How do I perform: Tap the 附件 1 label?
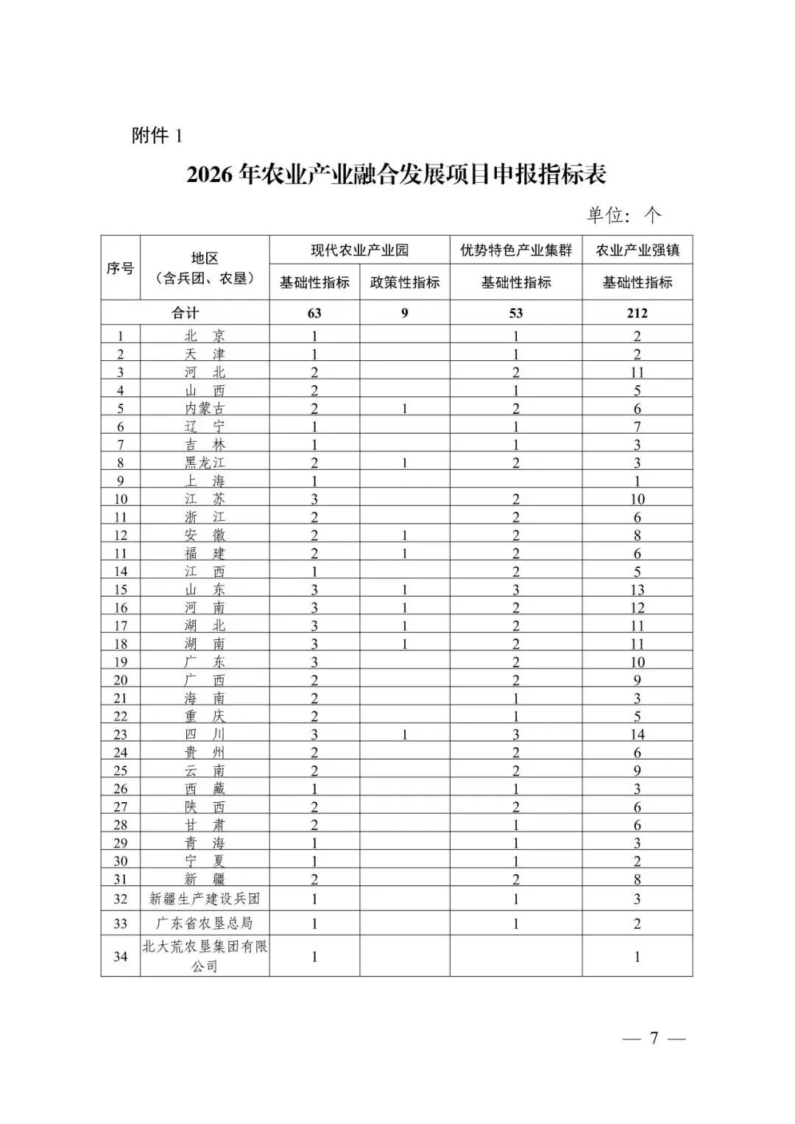156,136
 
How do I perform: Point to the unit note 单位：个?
623,214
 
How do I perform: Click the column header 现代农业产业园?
359,250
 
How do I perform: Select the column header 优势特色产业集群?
516,250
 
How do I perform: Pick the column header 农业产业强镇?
637,250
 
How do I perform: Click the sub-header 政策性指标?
404,282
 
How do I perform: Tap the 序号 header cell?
120,268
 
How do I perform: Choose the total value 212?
637,313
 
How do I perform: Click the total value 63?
314,313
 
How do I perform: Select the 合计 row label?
185,313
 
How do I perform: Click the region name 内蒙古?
205,409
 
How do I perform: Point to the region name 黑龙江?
205,463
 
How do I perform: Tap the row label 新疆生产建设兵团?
205,899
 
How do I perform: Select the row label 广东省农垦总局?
205,923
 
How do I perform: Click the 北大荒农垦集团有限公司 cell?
205,956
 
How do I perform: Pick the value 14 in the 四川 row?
637,734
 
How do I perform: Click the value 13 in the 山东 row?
637,590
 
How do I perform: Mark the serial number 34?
120,957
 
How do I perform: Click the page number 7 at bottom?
654,1039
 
